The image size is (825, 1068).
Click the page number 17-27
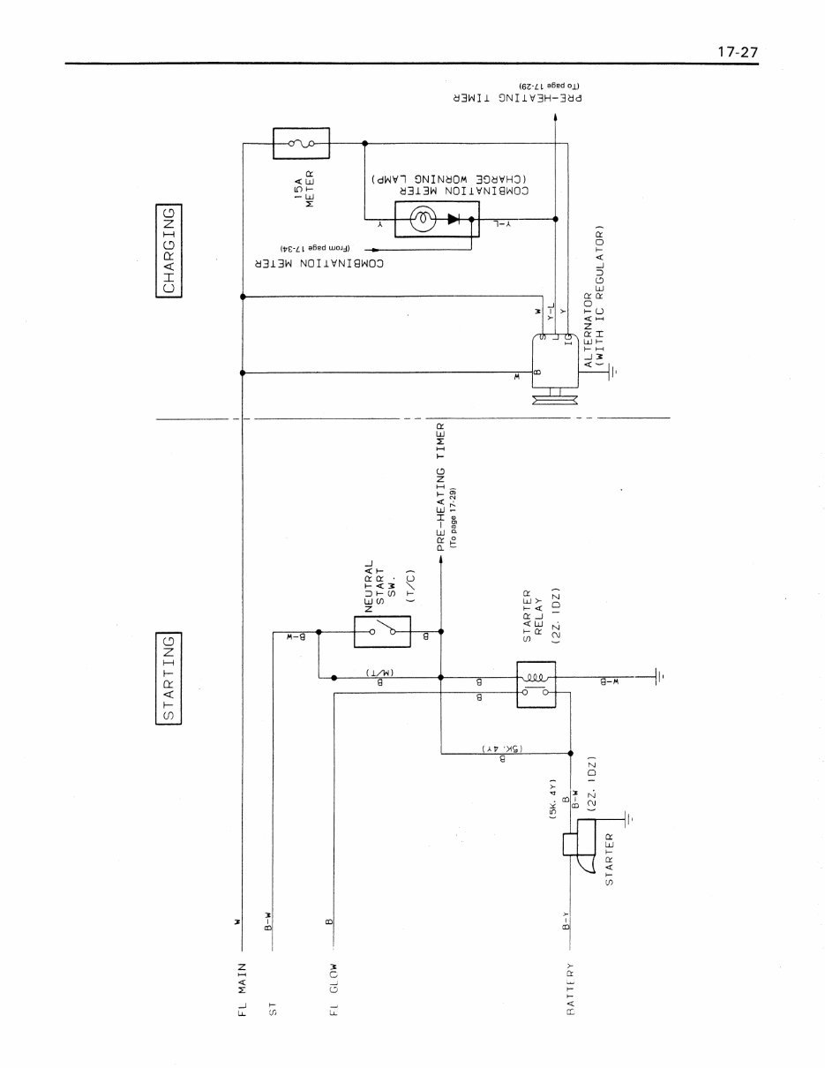[737, 52]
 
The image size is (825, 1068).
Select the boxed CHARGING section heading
[169, 252]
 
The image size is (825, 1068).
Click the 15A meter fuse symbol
[301, 142]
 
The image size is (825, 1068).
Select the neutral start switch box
[381, 631]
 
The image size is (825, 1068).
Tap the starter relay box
[535, 684]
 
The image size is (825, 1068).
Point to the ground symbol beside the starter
[627, 818]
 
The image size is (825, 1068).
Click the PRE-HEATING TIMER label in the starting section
[441, 486]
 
